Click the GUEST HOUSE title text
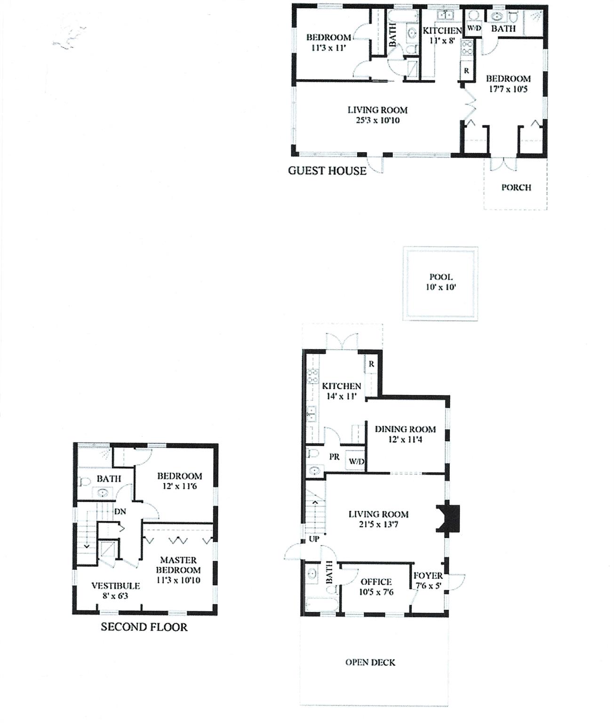[327, 170]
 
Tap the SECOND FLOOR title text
[144, 627]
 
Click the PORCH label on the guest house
[516, 187]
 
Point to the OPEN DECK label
[370, 662]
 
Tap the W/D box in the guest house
[474, 29]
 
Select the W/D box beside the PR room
[356, 461]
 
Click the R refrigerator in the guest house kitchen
[466, 71]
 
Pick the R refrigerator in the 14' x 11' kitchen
[371, 364]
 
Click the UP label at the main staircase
[314, 538]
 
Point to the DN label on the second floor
[120, 511]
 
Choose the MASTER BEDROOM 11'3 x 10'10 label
[178, 570]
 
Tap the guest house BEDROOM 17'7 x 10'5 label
[508, 84]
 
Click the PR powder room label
[334, 457]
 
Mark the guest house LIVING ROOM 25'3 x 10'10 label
[377, 115]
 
